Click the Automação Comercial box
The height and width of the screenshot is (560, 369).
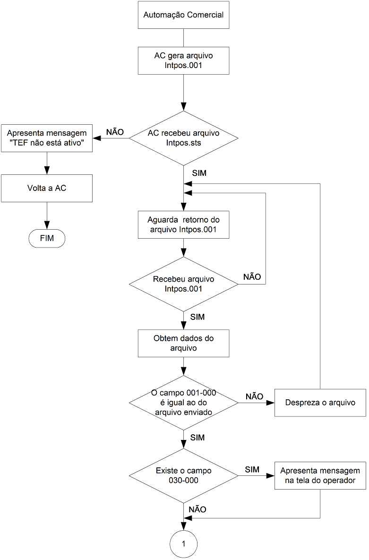click(x=184, y=15)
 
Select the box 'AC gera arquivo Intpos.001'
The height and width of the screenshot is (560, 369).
click(x=184, y=60)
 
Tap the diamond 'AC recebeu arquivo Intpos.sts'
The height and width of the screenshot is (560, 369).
click(x=184, y=138)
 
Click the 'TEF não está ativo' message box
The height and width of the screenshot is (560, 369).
click(x=47, y=138)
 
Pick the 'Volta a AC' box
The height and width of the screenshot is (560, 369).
click(x=47, y=188)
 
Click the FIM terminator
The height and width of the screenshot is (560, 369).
click(x=47, y=239)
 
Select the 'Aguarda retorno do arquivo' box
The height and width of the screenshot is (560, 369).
click(x=184, y=224)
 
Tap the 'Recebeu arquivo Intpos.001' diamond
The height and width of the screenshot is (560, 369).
click(x=184, y=284)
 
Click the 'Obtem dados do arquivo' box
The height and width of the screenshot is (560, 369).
click(x=184, y=343)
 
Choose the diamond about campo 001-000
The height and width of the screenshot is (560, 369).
click(x=184, y=403)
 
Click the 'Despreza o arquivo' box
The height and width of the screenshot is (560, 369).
click(x=320, y=403)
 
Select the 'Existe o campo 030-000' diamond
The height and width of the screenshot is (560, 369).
click(x=184, y=476)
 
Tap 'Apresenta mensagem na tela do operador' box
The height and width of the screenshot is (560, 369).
click(x=320, y=476)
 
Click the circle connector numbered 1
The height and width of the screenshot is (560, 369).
click(x=184, y=544)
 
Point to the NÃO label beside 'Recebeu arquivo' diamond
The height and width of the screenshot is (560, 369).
click(x=252, y=277)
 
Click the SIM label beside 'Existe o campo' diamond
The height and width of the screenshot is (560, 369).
click(x=252, y=470)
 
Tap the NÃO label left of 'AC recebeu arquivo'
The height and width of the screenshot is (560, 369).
click(x=115, y=132)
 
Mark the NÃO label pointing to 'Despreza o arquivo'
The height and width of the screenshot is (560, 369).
click(x=254, y=396)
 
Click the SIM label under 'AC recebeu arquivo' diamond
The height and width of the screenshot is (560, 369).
click(x=199, y=173)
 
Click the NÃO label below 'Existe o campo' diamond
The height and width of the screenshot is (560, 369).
click(x=197, y=509)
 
